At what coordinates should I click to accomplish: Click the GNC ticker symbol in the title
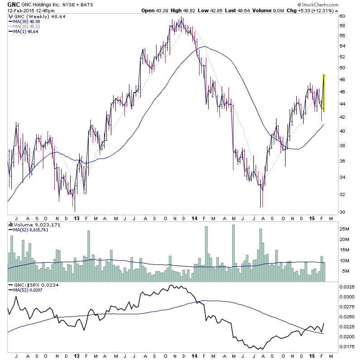click(x=14, y=4)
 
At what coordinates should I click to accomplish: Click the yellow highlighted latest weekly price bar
click(x=324, y=93)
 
